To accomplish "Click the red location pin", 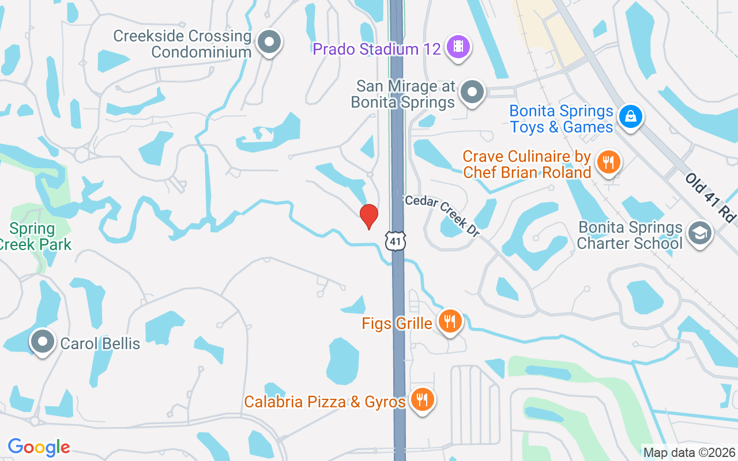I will [368, 216].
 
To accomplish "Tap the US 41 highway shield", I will [396, 241].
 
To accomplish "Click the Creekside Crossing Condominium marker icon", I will [269, 42].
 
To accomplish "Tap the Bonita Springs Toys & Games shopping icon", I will [631, 117].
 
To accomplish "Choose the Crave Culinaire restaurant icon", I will [608, 161].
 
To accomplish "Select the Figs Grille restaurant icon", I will [450, 321].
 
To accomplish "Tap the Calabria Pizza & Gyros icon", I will [422, 399].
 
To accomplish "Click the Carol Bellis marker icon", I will [42, 342].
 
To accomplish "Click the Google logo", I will [39, 447].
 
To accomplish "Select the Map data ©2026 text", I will [690, 453].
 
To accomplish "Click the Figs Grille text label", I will [397, 323].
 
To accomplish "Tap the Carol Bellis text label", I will [100, 343].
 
